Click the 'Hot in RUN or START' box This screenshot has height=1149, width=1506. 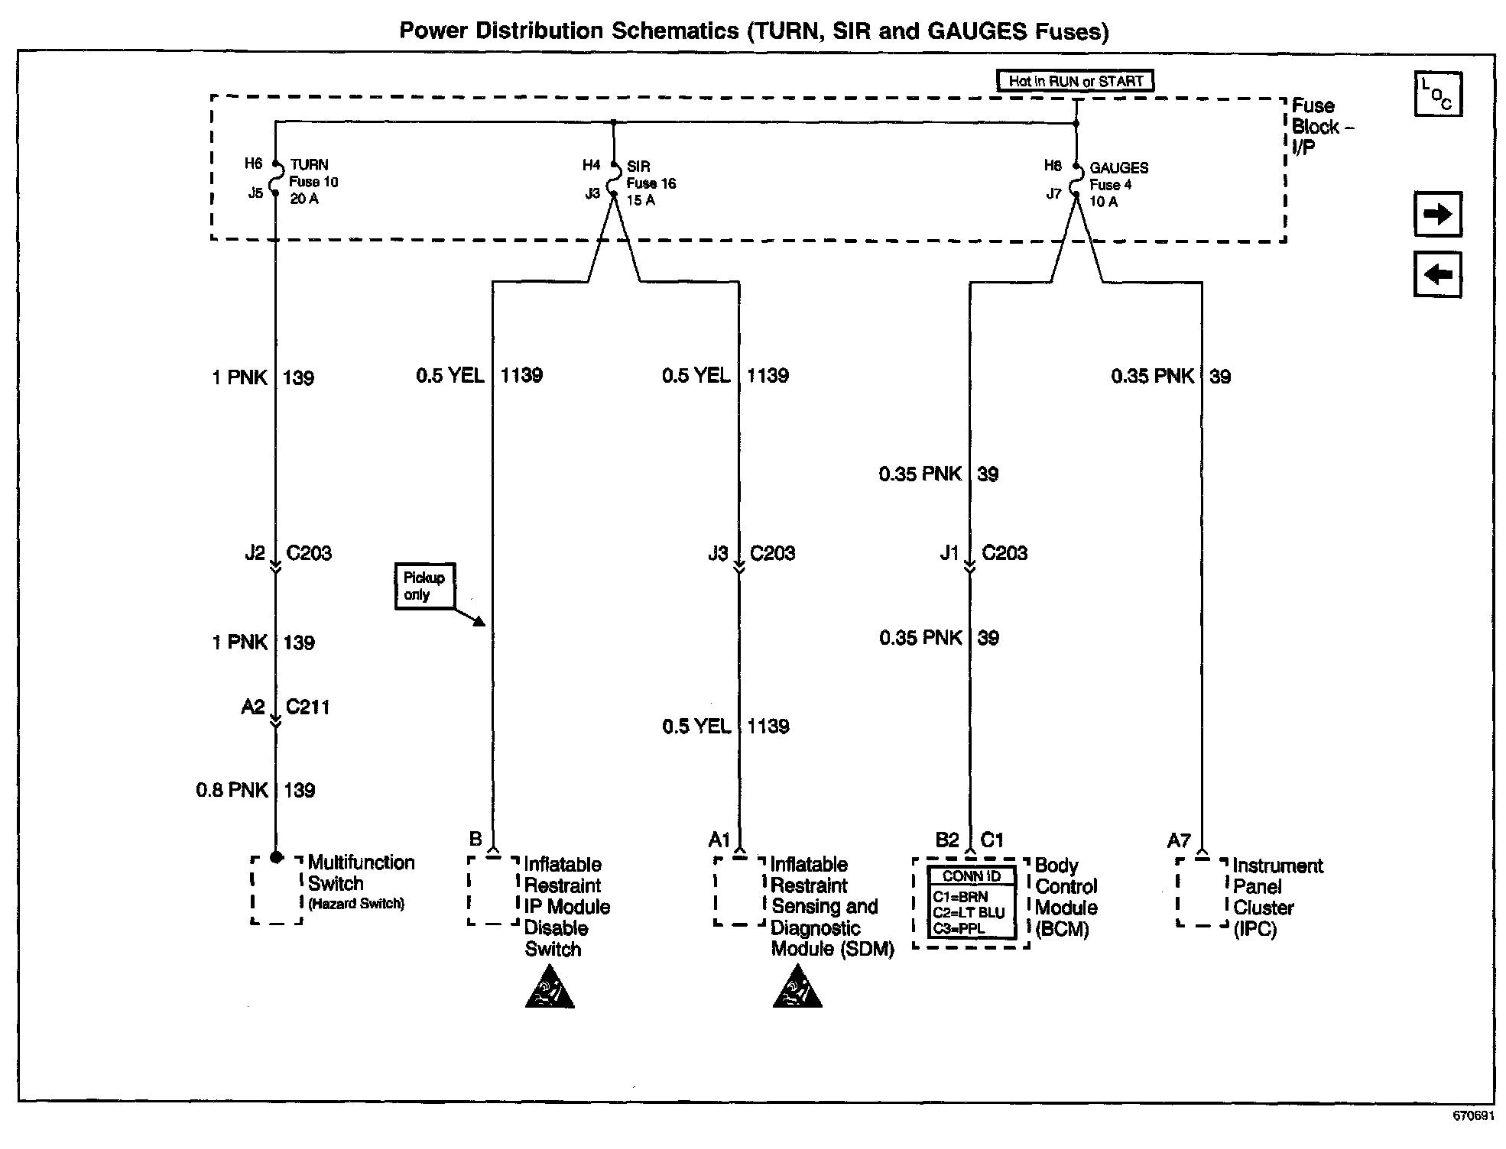(1075, 81)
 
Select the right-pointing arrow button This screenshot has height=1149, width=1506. (1437, 215)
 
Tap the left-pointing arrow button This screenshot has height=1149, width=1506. (1437, 274)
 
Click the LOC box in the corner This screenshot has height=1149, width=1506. (1437, 95)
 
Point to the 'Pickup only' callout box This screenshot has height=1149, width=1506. (424, 587)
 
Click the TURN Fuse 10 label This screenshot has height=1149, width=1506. (313, 182)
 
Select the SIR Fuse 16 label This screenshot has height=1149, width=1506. (651, 183)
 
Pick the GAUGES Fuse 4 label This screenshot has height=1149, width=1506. (1118, 185)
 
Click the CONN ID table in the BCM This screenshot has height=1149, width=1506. (972, 903)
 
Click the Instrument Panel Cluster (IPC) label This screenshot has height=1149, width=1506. (1276, 897)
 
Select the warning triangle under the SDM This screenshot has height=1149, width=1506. (797, 988)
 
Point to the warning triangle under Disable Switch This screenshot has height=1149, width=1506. (550, 988)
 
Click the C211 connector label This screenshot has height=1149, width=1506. (307, 707)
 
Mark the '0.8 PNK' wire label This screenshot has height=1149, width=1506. (232, 790)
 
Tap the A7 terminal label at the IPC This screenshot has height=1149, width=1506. (1179, 841)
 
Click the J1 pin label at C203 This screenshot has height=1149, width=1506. (949, 553)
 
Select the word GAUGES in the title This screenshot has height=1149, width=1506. (976, 31)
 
